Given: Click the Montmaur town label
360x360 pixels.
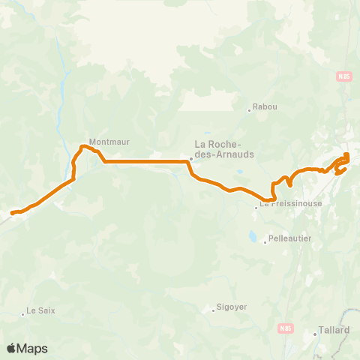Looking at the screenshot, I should [x=105, y=141].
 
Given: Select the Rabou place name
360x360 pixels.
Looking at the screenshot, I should [x=265, y=106].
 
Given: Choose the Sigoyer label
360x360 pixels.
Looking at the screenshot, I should [x=232, y=307].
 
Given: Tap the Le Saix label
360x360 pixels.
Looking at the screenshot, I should [x=41, y=310].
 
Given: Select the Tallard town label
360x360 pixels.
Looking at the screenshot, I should [x=334, y=329].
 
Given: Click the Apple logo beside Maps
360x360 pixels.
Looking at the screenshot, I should [x=12, y=348].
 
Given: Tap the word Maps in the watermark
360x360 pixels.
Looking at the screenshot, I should [x=33, y=348].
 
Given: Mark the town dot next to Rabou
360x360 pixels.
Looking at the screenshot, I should [x=250, y=110].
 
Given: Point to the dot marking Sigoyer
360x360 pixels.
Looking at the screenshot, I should [x=212, y=310].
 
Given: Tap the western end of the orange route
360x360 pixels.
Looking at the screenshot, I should [x=12, y=214].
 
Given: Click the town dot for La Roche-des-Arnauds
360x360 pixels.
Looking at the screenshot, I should [x=191, y=158].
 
